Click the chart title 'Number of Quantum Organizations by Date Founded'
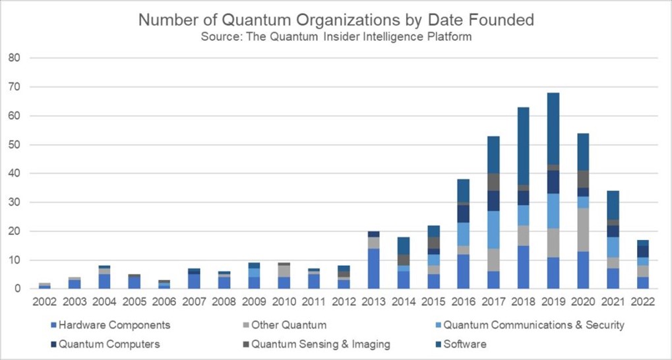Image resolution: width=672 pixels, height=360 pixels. click(x=336, y=20)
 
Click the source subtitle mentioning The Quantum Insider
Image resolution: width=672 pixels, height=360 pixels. click(x=336, y=37)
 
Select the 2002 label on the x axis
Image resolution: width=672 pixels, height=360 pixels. click(x=45, y=301)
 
